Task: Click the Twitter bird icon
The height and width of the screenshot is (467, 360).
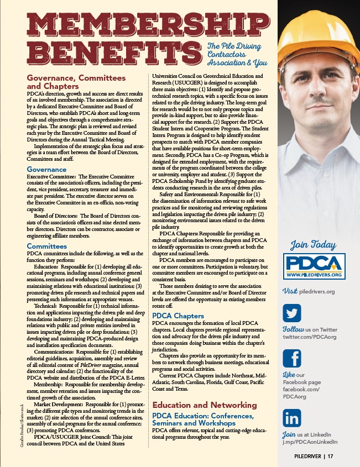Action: pyautogui.click(x=292, y=313)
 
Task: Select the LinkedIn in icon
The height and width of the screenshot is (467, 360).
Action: pyautogui.click(x=292, y=417)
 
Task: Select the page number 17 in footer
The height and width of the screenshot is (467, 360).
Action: pyautogui.click(x=330, y=456)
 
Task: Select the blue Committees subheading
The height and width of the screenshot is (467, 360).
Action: pyautogui.click(x=47, y=246)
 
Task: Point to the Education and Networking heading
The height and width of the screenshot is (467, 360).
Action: pyautogui.click(x=203, y=405)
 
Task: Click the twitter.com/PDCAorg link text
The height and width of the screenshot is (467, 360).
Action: pyautogui.click(x=310, y=337)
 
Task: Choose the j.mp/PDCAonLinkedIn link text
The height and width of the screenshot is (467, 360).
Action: pyautogui.click(x=310, y=442)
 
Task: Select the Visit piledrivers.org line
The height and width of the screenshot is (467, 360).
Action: pyautogui.click(x=309, y=291)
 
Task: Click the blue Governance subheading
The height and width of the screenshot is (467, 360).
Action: pyautogui.click(x=46, y=170)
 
